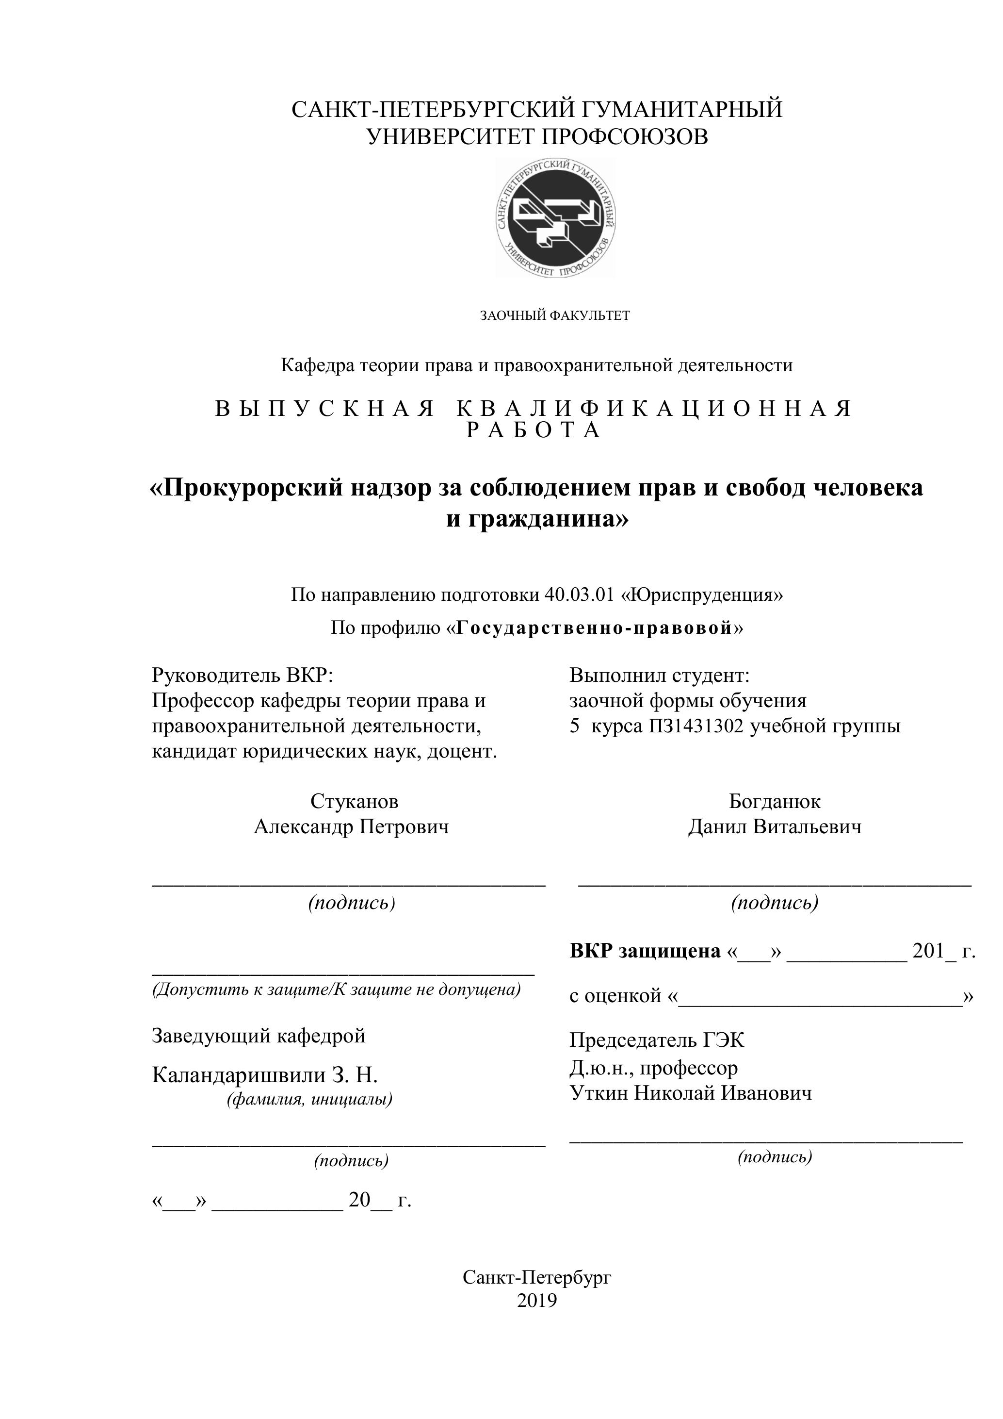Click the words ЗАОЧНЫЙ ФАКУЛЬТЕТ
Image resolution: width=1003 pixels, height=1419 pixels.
(x=555, y=316)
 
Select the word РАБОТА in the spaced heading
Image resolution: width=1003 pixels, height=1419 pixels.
(x=534, y=430)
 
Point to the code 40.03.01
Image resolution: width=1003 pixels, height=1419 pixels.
(x=579, y=594)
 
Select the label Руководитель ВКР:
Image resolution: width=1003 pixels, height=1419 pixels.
(x=242, y=675)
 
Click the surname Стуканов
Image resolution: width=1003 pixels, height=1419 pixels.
(x=355, y=802)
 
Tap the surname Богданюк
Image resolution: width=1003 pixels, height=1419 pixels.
(x=775, y=802)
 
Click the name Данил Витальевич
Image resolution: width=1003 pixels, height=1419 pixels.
(x=775, y=827)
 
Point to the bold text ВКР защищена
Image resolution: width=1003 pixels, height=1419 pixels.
(x=645, y=951)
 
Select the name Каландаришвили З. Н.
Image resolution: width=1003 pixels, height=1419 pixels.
(x=264, y=1076)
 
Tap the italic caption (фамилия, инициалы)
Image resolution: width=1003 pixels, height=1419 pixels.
(x=309, y=1100)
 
